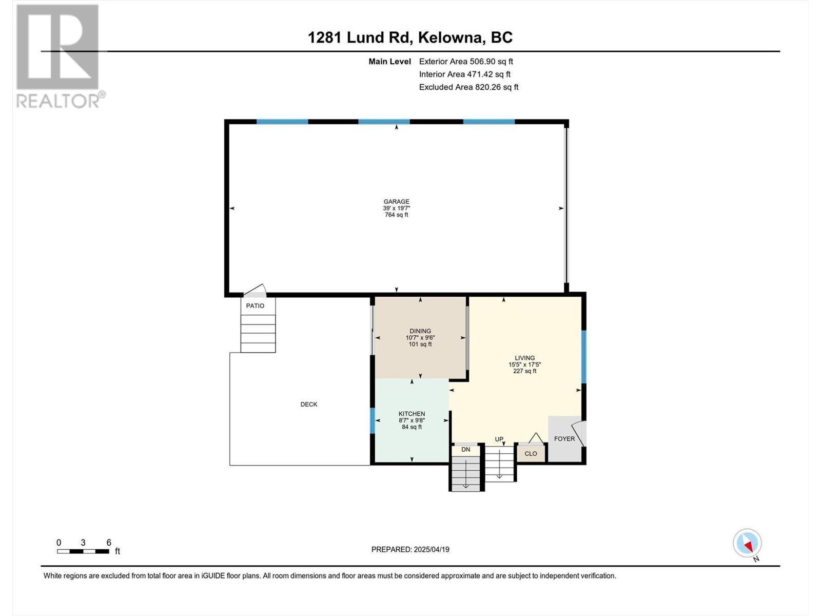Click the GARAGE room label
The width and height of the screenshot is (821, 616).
coord(396,202)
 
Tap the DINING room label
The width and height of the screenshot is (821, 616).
coord(420,331)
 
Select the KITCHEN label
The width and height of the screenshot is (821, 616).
coord(412,414)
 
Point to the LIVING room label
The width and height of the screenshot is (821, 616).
coord(524,358)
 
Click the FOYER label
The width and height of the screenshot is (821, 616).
coord(564,439)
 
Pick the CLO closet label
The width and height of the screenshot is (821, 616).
coord(531,454)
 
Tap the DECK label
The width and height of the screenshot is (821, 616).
coord(309,405)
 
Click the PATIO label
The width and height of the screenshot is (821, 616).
coord(255,306)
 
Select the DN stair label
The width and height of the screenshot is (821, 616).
coord(465,450)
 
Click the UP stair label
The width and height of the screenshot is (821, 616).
coord(499,439)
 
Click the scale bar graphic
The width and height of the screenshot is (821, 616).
coord(83,551)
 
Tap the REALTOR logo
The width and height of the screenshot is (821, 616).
coord(59,56)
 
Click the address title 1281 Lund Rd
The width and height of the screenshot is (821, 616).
coord(410,37)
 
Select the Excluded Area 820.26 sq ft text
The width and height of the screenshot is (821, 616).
coord(468,87)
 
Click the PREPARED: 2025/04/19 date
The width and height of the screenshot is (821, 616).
coord(410,549)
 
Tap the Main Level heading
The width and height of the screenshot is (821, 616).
coord(389,62)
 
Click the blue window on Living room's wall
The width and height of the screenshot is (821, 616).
coord(583,357)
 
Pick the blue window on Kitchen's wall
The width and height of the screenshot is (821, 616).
coord(373,420)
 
